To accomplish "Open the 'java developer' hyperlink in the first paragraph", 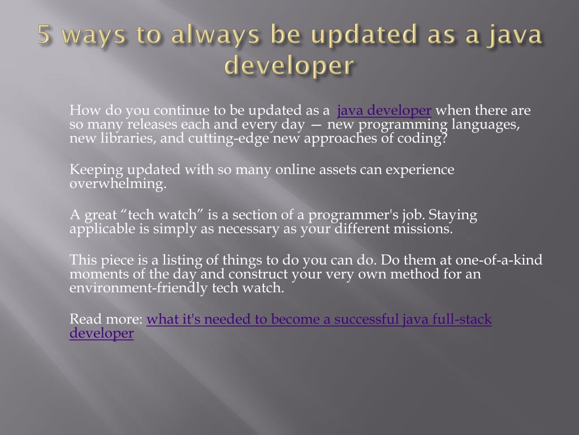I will click(384, 110).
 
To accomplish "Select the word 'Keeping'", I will click(96, 170).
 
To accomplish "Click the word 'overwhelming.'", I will click(118, 184).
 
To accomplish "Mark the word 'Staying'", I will click(453, 215).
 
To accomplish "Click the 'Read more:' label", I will click(106, 319).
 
